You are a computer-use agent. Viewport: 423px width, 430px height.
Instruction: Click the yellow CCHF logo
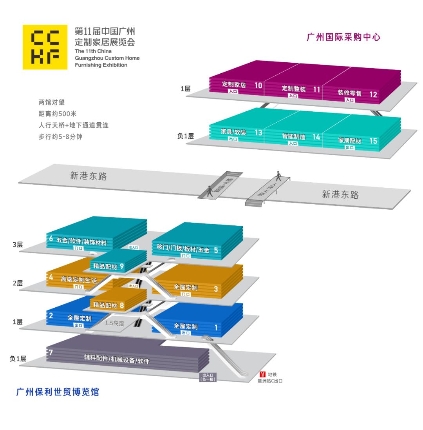point(45,47)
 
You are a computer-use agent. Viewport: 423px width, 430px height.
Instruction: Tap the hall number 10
point(258,85)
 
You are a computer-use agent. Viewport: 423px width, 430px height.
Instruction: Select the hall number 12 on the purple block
point(373,94)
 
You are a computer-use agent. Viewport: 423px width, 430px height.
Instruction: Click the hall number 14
point(316,137)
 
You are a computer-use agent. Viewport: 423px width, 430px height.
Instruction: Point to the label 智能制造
point(293,136)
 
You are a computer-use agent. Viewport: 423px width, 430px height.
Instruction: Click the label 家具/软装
point(233,132)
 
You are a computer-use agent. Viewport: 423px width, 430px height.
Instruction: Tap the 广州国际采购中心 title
point(343,38)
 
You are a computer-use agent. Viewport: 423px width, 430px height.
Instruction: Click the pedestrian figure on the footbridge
point(279,176)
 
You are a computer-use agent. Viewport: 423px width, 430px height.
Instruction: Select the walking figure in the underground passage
point(210,190)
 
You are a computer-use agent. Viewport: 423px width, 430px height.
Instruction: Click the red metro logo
point(262,374)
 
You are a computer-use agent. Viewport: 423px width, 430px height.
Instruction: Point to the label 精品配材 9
point(108,267)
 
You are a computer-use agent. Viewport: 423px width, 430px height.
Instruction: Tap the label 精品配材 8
point(108,305)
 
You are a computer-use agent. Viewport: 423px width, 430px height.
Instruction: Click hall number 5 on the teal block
point(216,250)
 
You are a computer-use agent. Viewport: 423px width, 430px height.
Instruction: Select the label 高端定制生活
point(79,279)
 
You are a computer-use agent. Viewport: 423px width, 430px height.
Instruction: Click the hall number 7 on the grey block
point(51,352)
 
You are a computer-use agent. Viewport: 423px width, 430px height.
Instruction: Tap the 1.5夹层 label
point(114,323)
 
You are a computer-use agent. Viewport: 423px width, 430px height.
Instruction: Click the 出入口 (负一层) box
point(208,377)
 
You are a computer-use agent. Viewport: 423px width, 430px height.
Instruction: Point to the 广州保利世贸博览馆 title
point(58,392)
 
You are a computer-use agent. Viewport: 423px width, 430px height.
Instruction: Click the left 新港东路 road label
point(89,176)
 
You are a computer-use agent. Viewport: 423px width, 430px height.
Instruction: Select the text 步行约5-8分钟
point(60,137)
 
